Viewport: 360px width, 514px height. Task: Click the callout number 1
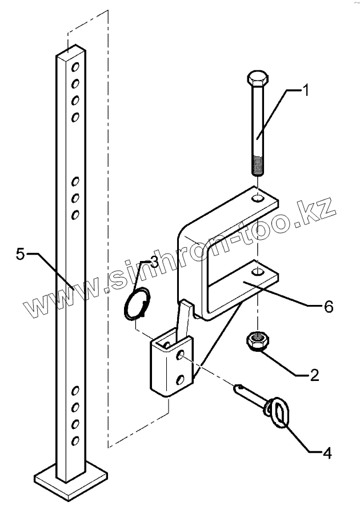(307, 90)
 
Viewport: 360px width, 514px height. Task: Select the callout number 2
(314, 375)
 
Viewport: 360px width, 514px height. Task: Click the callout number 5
(21, 254)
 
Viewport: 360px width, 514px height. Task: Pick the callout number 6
(328, 307)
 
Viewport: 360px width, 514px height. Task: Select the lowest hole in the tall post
(74, 440)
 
